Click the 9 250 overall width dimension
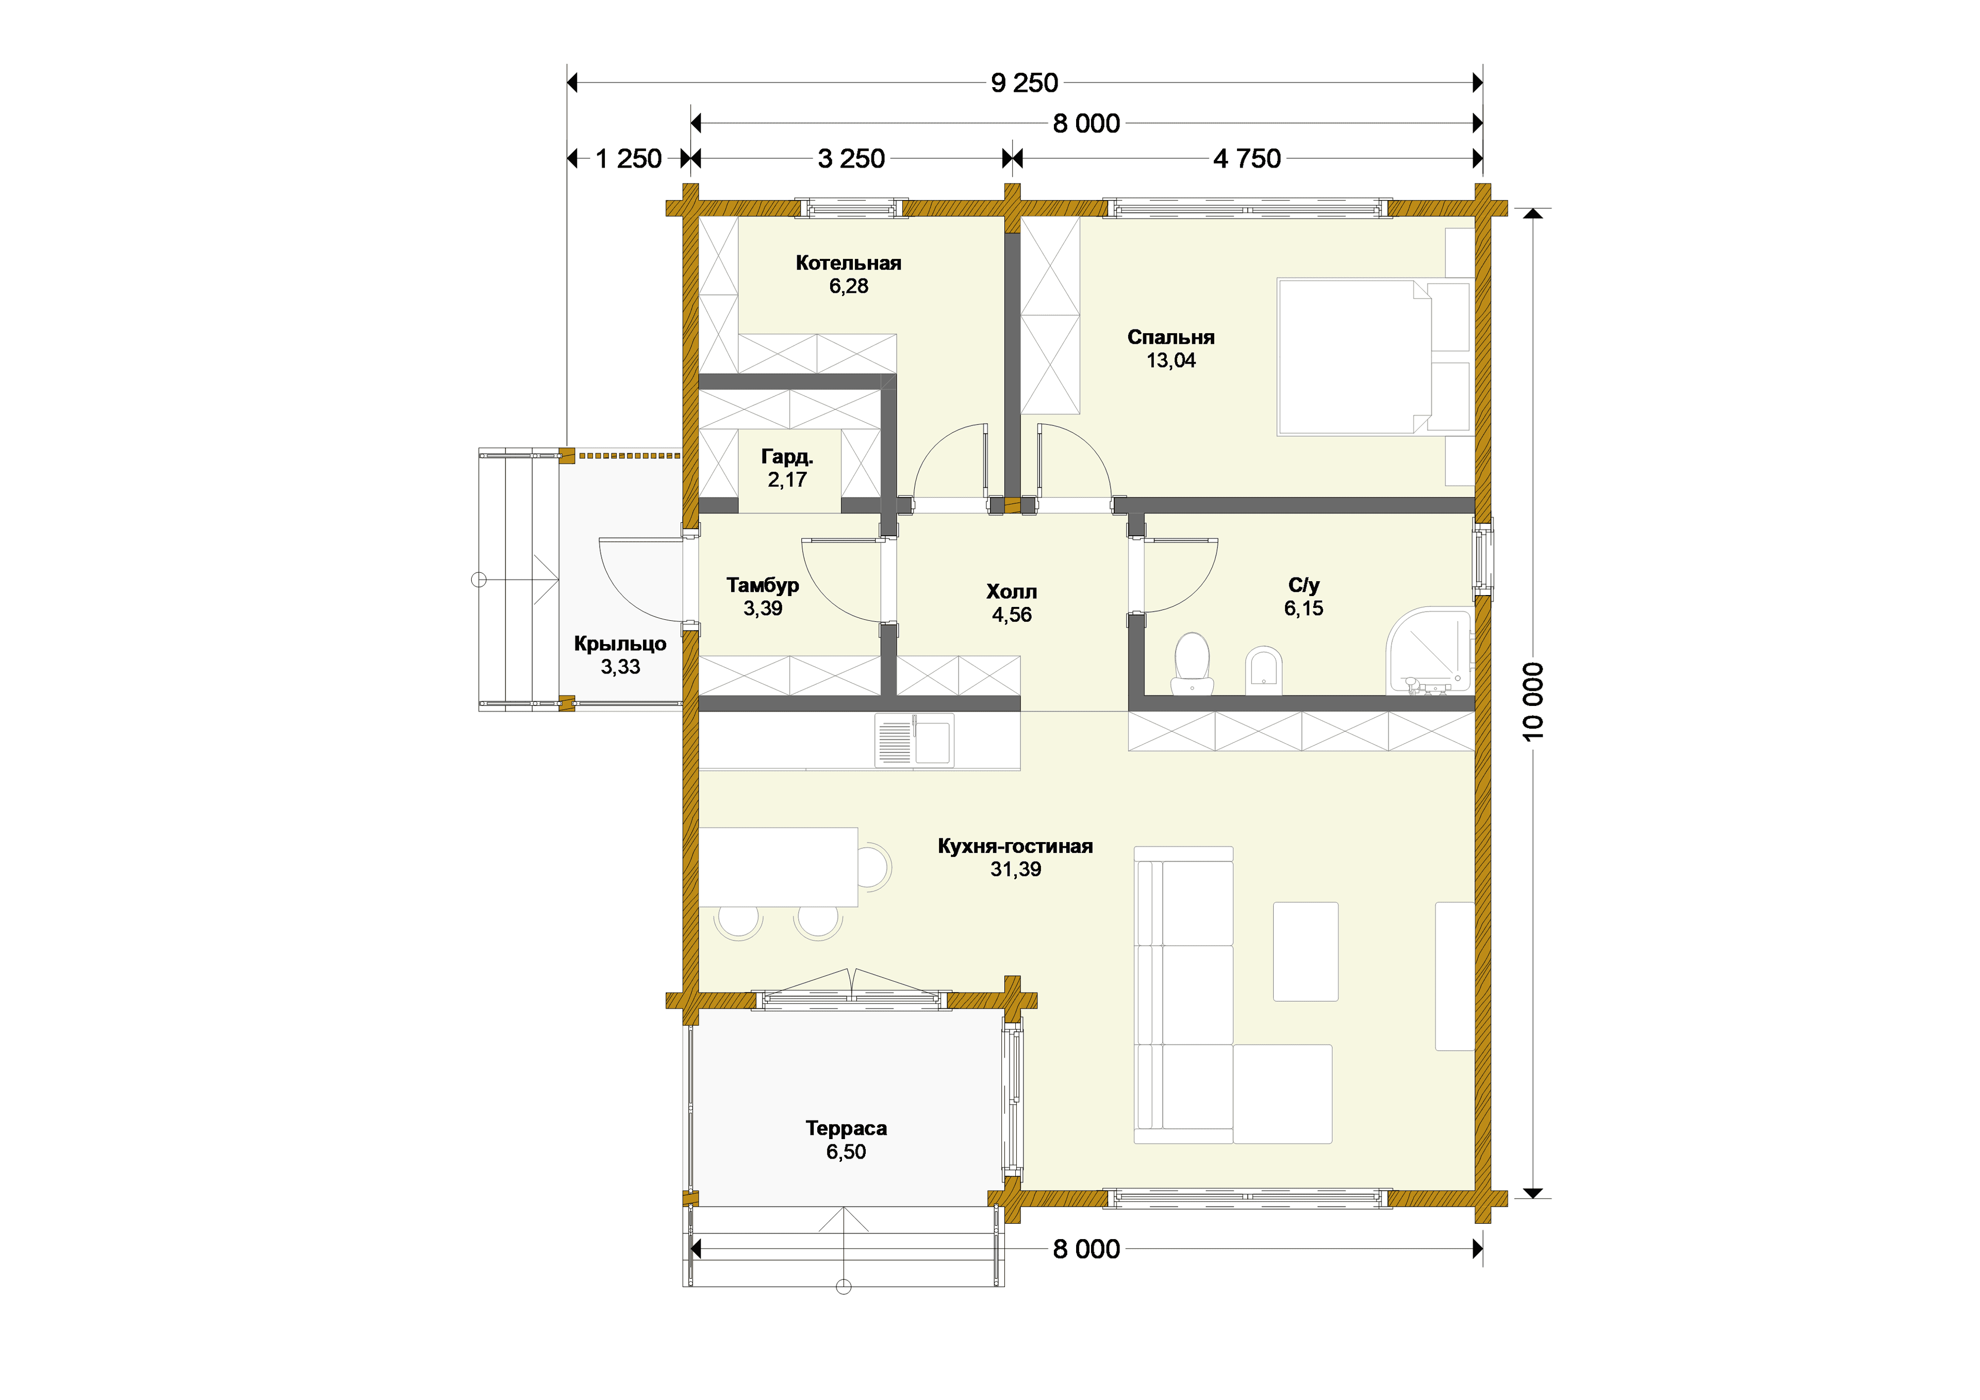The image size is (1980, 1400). tap(1025, 83)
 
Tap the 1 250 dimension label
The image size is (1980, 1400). tap(629, 159)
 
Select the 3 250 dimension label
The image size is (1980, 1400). tap(851, 159)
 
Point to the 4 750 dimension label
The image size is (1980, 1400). tap(1247, 159)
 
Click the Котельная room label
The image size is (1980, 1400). tap(849, 263)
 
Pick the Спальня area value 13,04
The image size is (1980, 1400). tap(1171, 360)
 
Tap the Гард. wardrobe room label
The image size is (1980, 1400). tap(787, 457)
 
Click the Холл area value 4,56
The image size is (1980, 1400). tap(1012, 615)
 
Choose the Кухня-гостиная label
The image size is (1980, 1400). tap(1016, 846)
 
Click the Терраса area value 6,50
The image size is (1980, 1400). tap(846, 1151)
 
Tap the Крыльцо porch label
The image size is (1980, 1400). tap(620, 644)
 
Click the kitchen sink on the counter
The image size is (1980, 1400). tap(915, 740)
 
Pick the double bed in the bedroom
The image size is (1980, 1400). tap(1376, 356)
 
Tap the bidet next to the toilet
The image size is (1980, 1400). tap(1264, 670)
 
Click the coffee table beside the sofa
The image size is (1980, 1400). tap(1306, 951)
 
